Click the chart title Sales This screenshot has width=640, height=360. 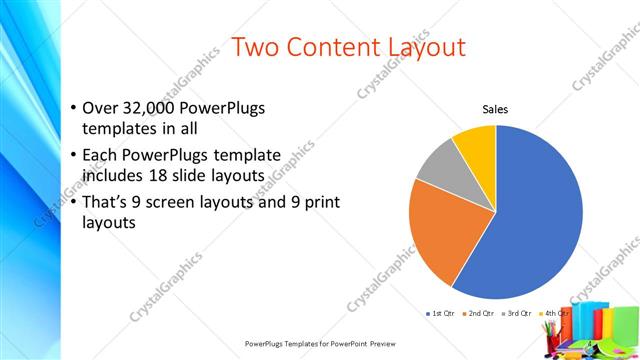pyautogui.click(x=496, y=109)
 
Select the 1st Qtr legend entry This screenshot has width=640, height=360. pyautogui.click(x=440, y=314)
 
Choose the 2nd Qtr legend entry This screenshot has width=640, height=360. pyautogui.click(x=478, y=314)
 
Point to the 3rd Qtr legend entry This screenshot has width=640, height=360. pyautogui.click(x=517, y=314)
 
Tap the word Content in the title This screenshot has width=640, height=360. pyautogui.click(x=338, y=46)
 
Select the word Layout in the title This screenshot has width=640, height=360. pyautogui.click(x=427, y=46)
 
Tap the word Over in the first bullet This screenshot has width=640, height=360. pyautogui.click(x=99, y=108)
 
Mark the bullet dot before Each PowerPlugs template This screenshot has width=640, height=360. pyautogui.click(x=73, y=156)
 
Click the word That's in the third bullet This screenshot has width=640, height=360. pyautogui.click(x=106, y=202)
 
